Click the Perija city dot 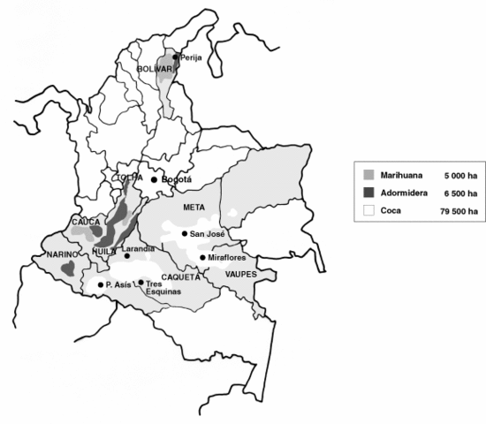(x=176, y=57)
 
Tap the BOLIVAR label (x=153, y=68)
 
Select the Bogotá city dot (x=154, y=179)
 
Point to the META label (x=194, y=207)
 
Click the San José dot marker (x=184, y=234)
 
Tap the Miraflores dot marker (x=203, y=258)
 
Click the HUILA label (x=104, y=251)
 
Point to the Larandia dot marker (x=126, y=256)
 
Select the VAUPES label (x=240, y=275)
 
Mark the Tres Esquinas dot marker (x=140, y=282)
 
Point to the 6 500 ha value (x=461, y=193)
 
